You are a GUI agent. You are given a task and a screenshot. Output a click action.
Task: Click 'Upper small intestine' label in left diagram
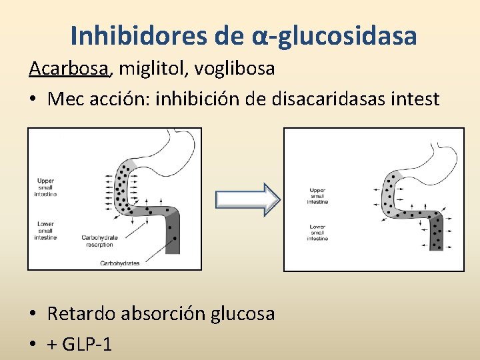[x=46, y=187]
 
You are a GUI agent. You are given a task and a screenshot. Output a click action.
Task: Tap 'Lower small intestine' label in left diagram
[x=46, y=231]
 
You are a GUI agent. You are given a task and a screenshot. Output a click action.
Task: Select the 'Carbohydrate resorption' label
[x=99, y=241]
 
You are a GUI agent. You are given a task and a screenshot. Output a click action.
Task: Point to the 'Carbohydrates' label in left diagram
[x=119, y=263]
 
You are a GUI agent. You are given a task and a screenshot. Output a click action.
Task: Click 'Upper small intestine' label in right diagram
[x=317, y=195]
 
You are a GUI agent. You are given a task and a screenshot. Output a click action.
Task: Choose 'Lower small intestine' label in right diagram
[x=317, y=233]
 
